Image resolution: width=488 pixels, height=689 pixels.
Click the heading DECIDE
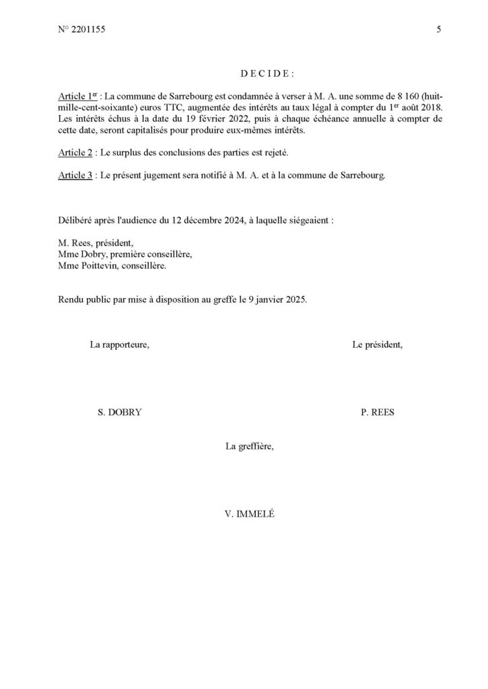tap(267, 73)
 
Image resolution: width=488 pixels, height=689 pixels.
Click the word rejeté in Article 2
tap(277, 153)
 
